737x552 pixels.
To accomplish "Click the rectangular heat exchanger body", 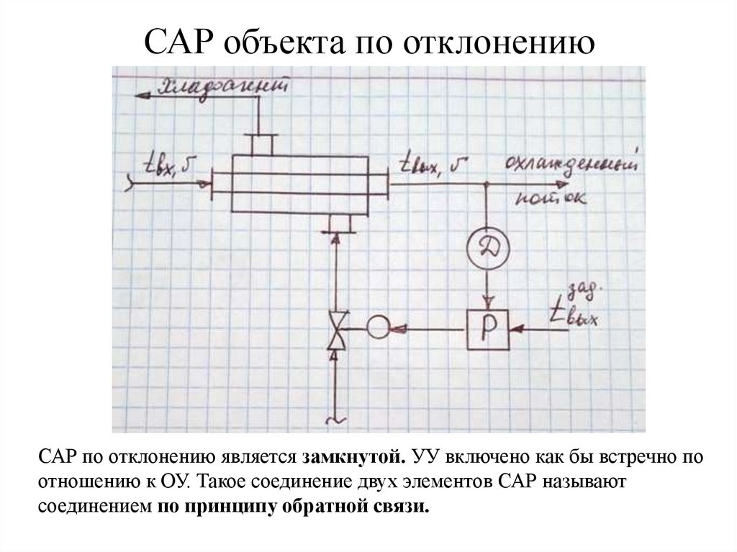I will coord(299,183).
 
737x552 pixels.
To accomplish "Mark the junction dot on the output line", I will coord(487,183).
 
